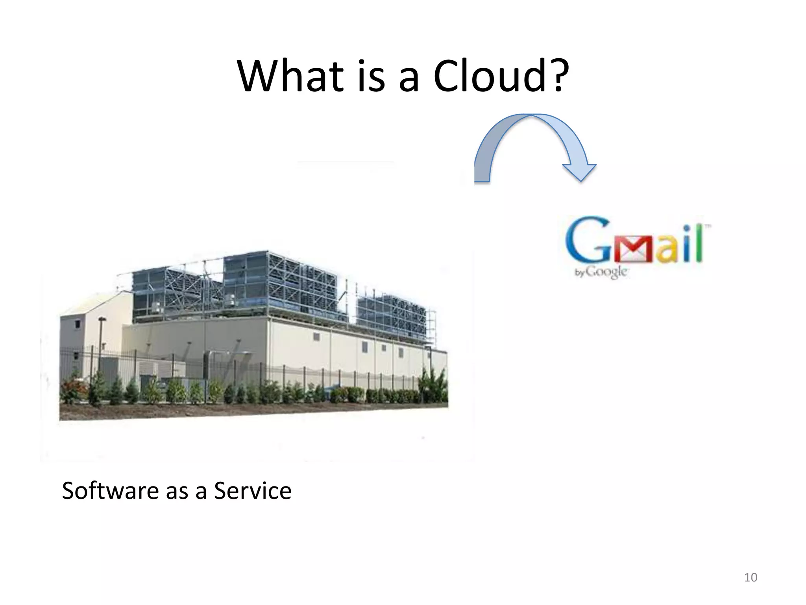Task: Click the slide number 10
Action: pos(751,577)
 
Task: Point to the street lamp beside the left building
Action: pos(102,339)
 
